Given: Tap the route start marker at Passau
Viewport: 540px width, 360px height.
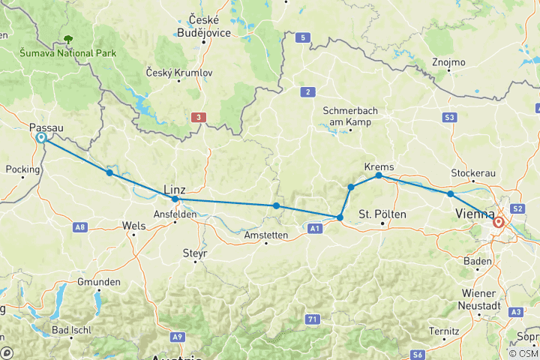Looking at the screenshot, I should (x=40, y=138).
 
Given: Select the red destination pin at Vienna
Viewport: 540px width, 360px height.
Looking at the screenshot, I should (x=499, y=221).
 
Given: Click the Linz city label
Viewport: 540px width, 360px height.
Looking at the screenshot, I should (x=174, y=190).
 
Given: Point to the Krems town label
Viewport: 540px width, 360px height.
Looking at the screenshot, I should (x=378, y=166).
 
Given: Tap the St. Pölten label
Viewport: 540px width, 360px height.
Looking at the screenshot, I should (x=382, y=214).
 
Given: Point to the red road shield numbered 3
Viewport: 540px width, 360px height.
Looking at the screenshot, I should (x=197, y=117).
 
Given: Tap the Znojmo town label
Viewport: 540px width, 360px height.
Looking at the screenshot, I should (x=448, y=62).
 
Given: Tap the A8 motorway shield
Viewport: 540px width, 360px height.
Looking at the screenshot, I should (x=80, y=226).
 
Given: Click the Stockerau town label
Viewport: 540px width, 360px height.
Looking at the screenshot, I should (x=473, y=173).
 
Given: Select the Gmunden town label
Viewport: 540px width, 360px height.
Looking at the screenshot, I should (x=98, y=282).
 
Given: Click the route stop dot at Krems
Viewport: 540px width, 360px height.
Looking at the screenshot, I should (x=379, y=175).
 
